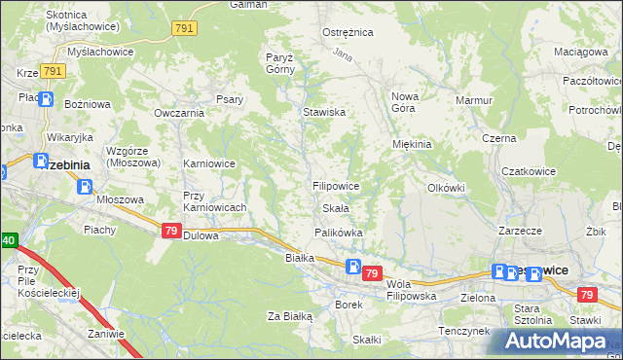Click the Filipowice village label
click(336, 185)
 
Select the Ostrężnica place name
click(348, 32)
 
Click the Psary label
click(230, 98)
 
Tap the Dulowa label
click(202, 234)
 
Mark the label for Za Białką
click(290, 316)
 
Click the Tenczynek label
click(461, 331)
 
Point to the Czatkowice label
click(529, 171)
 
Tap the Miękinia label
click(411, 144)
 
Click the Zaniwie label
click(104, 334)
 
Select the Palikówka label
click(339, 233)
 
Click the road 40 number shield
click(7, 239)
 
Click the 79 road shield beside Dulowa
click(171, 231)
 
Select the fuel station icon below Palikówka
click(354, 267)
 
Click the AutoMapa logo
click(556, 341)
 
